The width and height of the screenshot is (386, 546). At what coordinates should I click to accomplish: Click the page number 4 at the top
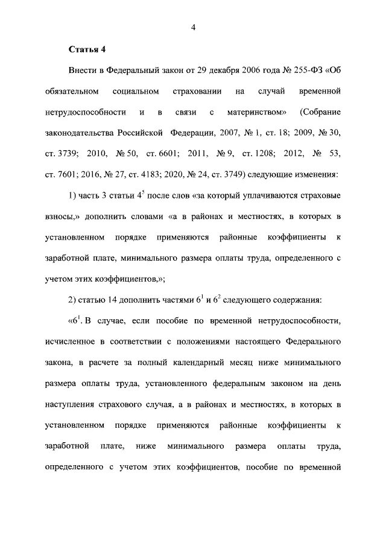(193, 27)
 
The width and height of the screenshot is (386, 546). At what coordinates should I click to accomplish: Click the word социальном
(136, 92)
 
